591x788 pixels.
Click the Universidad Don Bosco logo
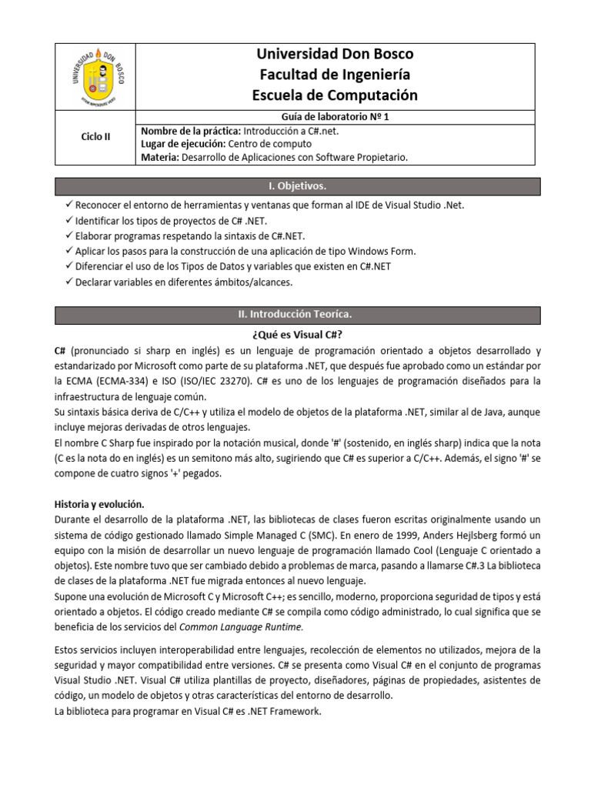tap(96, 75)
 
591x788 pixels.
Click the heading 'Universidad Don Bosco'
tap(335, 54)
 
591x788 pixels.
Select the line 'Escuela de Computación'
tap(335, 95)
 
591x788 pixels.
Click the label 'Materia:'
tap(159, 157)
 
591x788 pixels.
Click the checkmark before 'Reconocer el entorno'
tap(69, 205)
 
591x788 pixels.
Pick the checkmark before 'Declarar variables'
tap(69, 282)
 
